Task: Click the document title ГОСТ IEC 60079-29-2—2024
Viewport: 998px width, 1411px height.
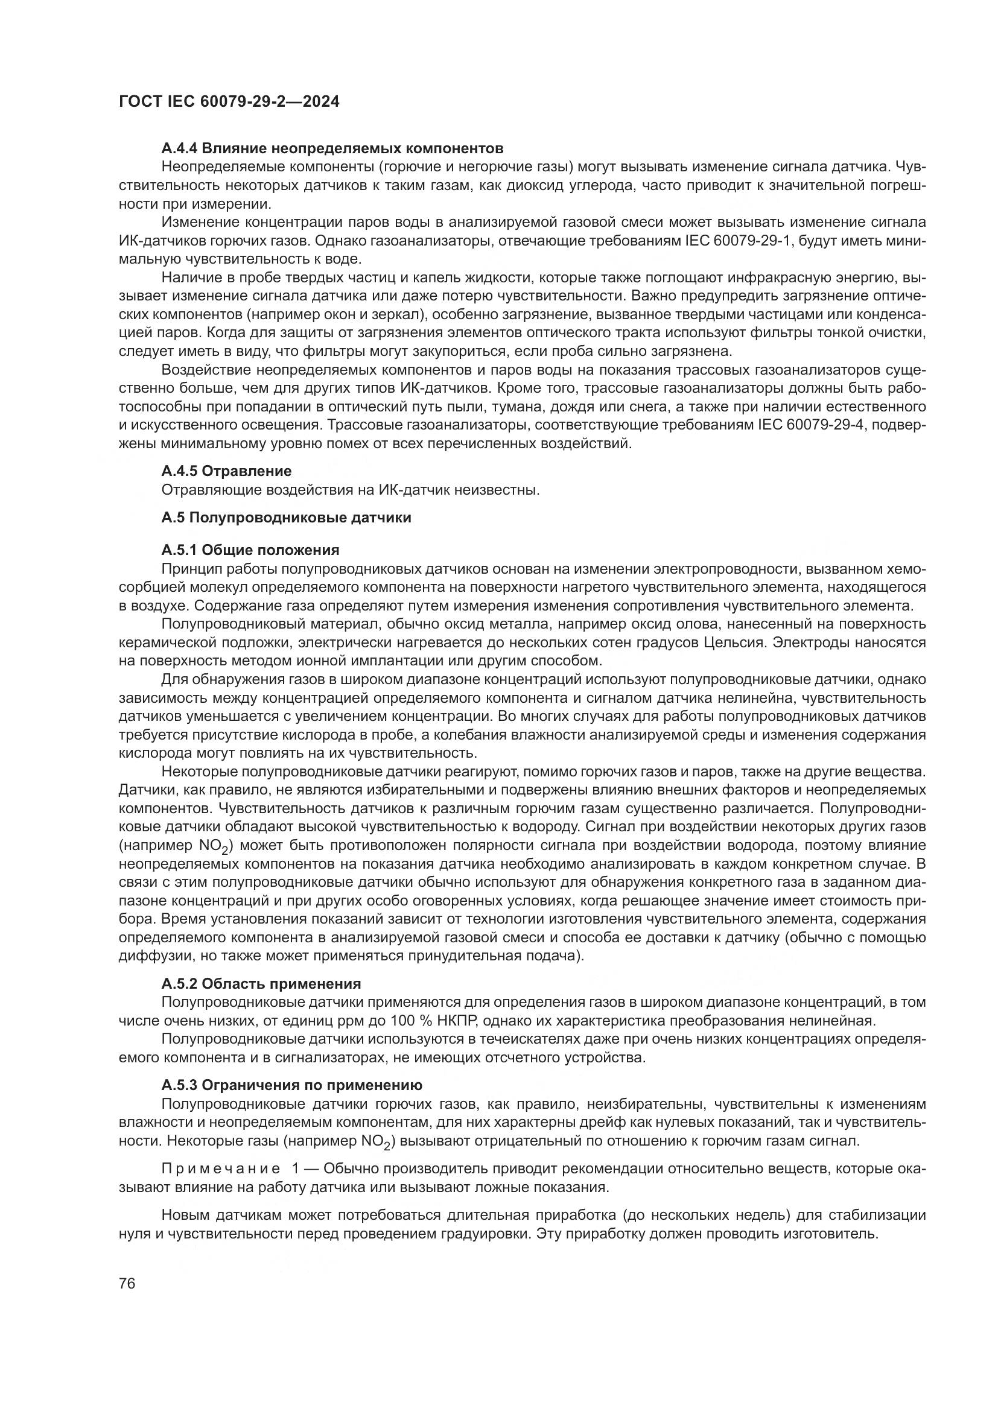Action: pos(229,101)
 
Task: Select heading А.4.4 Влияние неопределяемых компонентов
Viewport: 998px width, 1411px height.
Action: pos(332,148)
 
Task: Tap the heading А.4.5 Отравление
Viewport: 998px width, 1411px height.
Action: pos(226,471)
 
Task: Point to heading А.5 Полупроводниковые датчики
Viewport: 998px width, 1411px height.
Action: pos(286,518)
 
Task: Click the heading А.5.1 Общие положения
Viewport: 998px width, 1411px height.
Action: pos(250,550)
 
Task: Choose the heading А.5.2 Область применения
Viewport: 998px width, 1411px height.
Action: pos(261,984)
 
